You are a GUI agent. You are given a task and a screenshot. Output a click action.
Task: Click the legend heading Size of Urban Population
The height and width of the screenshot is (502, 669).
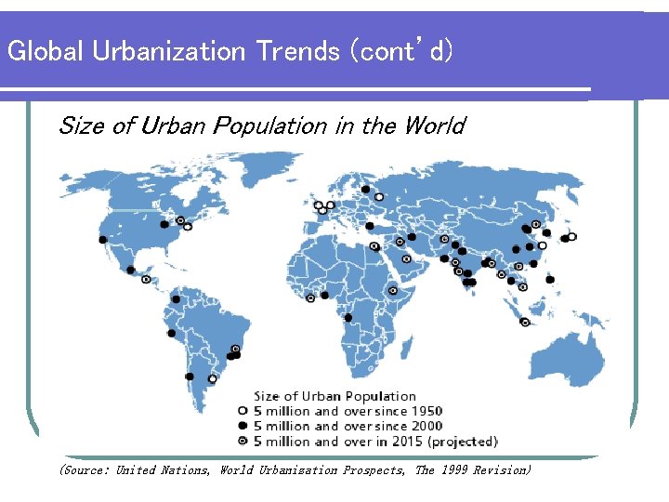334,397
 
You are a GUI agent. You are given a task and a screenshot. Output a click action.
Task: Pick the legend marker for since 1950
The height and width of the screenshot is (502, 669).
243,411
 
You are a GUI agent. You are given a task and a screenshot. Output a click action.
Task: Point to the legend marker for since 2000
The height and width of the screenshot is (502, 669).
243,426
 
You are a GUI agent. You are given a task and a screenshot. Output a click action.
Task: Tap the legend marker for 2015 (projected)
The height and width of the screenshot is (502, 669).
243,441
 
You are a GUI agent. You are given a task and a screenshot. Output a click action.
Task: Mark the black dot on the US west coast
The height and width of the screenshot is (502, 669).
102,240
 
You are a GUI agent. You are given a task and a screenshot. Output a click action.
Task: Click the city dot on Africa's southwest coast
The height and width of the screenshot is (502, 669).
348,318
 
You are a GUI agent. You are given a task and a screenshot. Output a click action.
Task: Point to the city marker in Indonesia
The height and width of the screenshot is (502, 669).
525,323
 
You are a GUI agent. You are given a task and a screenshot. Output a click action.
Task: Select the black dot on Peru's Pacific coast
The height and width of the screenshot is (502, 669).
171,333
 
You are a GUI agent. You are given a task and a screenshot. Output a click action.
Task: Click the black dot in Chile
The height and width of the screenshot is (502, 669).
190,376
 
